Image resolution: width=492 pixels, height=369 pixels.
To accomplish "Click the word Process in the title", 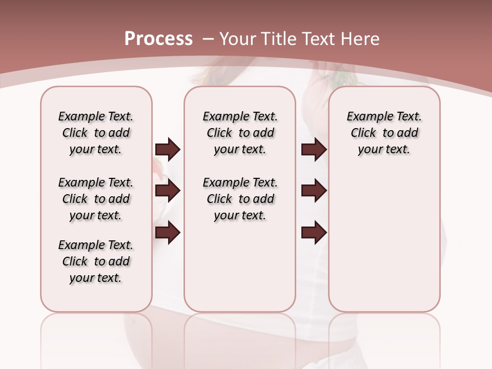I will (158, 39).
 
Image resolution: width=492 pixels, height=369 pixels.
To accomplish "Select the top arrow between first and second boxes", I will (168, 149).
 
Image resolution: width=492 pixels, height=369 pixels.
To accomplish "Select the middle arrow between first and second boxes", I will (168, 191).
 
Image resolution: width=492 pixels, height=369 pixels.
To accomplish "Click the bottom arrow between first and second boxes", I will (168, 233).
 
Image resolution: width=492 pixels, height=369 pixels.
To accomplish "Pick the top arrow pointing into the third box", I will (314, 149).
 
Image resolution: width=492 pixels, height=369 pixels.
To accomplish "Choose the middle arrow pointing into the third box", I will (314, 191).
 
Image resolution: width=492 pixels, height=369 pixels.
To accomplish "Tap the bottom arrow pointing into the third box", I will (314, 233).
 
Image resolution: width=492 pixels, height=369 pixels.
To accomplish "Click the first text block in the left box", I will (96, 133).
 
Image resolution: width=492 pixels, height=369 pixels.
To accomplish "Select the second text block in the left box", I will (96, 199).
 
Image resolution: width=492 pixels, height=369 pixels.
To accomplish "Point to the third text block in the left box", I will (96, 261).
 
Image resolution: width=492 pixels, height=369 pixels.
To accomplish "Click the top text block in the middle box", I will (240, 133).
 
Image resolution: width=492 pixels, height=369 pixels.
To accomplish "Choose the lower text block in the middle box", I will (240, 199).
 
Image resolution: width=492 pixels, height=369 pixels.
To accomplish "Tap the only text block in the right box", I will (384, 133).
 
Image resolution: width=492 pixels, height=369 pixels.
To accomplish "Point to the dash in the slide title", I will (208, 39).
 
